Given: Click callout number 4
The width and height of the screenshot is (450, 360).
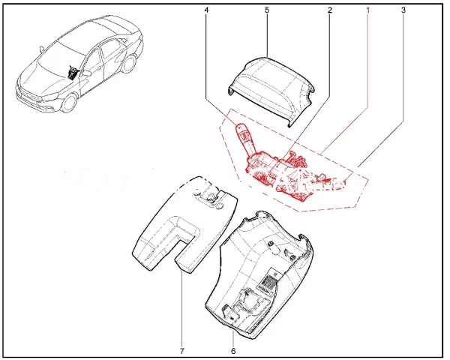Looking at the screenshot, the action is (x=206, y=10).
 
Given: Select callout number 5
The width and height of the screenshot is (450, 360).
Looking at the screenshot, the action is (x=267, y=10).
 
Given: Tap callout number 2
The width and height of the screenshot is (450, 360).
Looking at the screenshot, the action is (x=329, y=10).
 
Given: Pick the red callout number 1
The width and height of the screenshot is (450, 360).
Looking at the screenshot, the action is (x=367, y=10).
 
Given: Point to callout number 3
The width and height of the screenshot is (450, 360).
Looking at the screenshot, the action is (x=403, y=10).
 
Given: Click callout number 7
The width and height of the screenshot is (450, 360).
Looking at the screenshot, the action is (x=182, y=350).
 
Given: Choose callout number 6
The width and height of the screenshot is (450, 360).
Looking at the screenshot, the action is (x=233, y=350).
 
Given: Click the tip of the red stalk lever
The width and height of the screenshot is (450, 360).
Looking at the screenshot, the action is (x=239, y=126).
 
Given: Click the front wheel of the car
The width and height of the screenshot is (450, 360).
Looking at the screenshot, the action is (x=70, y=103).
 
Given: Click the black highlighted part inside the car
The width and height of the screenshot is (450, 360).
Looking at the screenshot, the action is (x=73, y=72).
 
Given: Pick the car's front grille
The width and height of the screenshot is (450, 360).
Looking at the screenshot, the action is (x=30, y=96).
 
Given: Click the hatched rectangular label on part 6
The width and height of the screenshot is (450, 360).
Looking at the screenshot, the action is (x=270, y=280).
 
